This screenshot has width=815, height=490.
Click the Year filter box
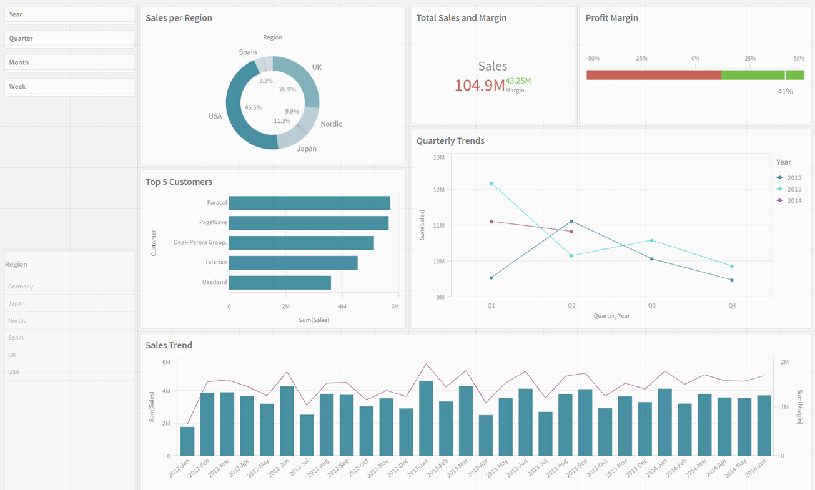[69, 14]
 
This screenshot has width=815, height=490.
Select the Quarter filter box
[69, 38]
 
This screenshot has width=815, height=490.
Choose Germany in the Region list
[21, 287]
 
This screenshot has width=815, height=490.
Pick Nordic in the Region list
[17, 320]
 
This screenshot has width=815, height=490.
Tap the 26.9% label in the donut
[287, 89]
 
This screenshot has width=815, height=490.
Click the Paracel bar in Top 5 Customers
[309, 203]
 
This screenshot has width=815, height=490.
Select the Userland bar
[280, 282]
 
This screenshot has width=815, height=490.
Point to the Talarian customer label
[215, 262]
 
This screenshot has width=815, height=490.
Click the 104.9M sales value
[479, 86]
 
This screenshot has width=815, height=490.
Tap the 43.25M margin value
[518, 81]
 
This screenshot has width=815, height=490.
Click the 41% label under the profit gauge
[785, 91]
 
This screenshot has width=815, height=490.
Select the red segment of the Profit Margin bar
[653, 75]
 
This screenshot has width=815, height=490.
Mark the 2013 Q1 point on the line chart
[491, 184]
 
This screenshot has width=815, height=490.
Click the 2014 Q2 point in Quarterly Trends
[571, 232]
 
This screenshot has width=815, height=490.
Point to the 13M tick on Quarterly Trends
[438, 157]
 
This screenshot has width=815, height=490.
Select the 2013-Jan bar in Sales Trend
[426, 418]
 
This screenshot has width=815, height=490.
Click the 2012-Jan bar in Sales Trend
[187, 441]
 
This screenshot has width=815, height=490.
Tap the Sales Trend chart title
[169, 345]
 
